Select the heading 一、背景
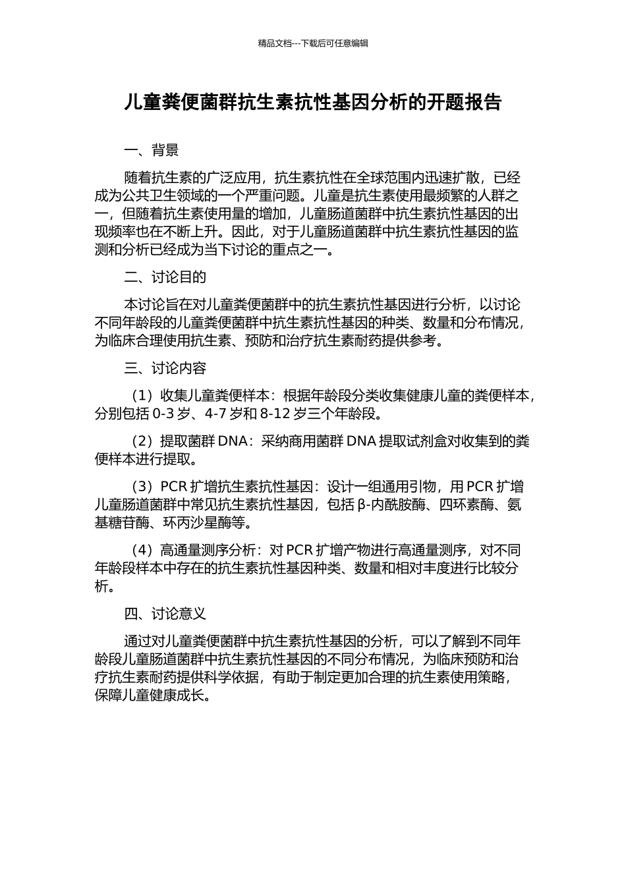coord(152,151)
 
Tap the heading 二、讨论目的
coord(165,277)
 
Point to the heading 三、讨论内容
coord(165,368)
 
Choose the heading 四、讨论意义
coord(165,614)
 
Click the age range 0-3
coord(163,414)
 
